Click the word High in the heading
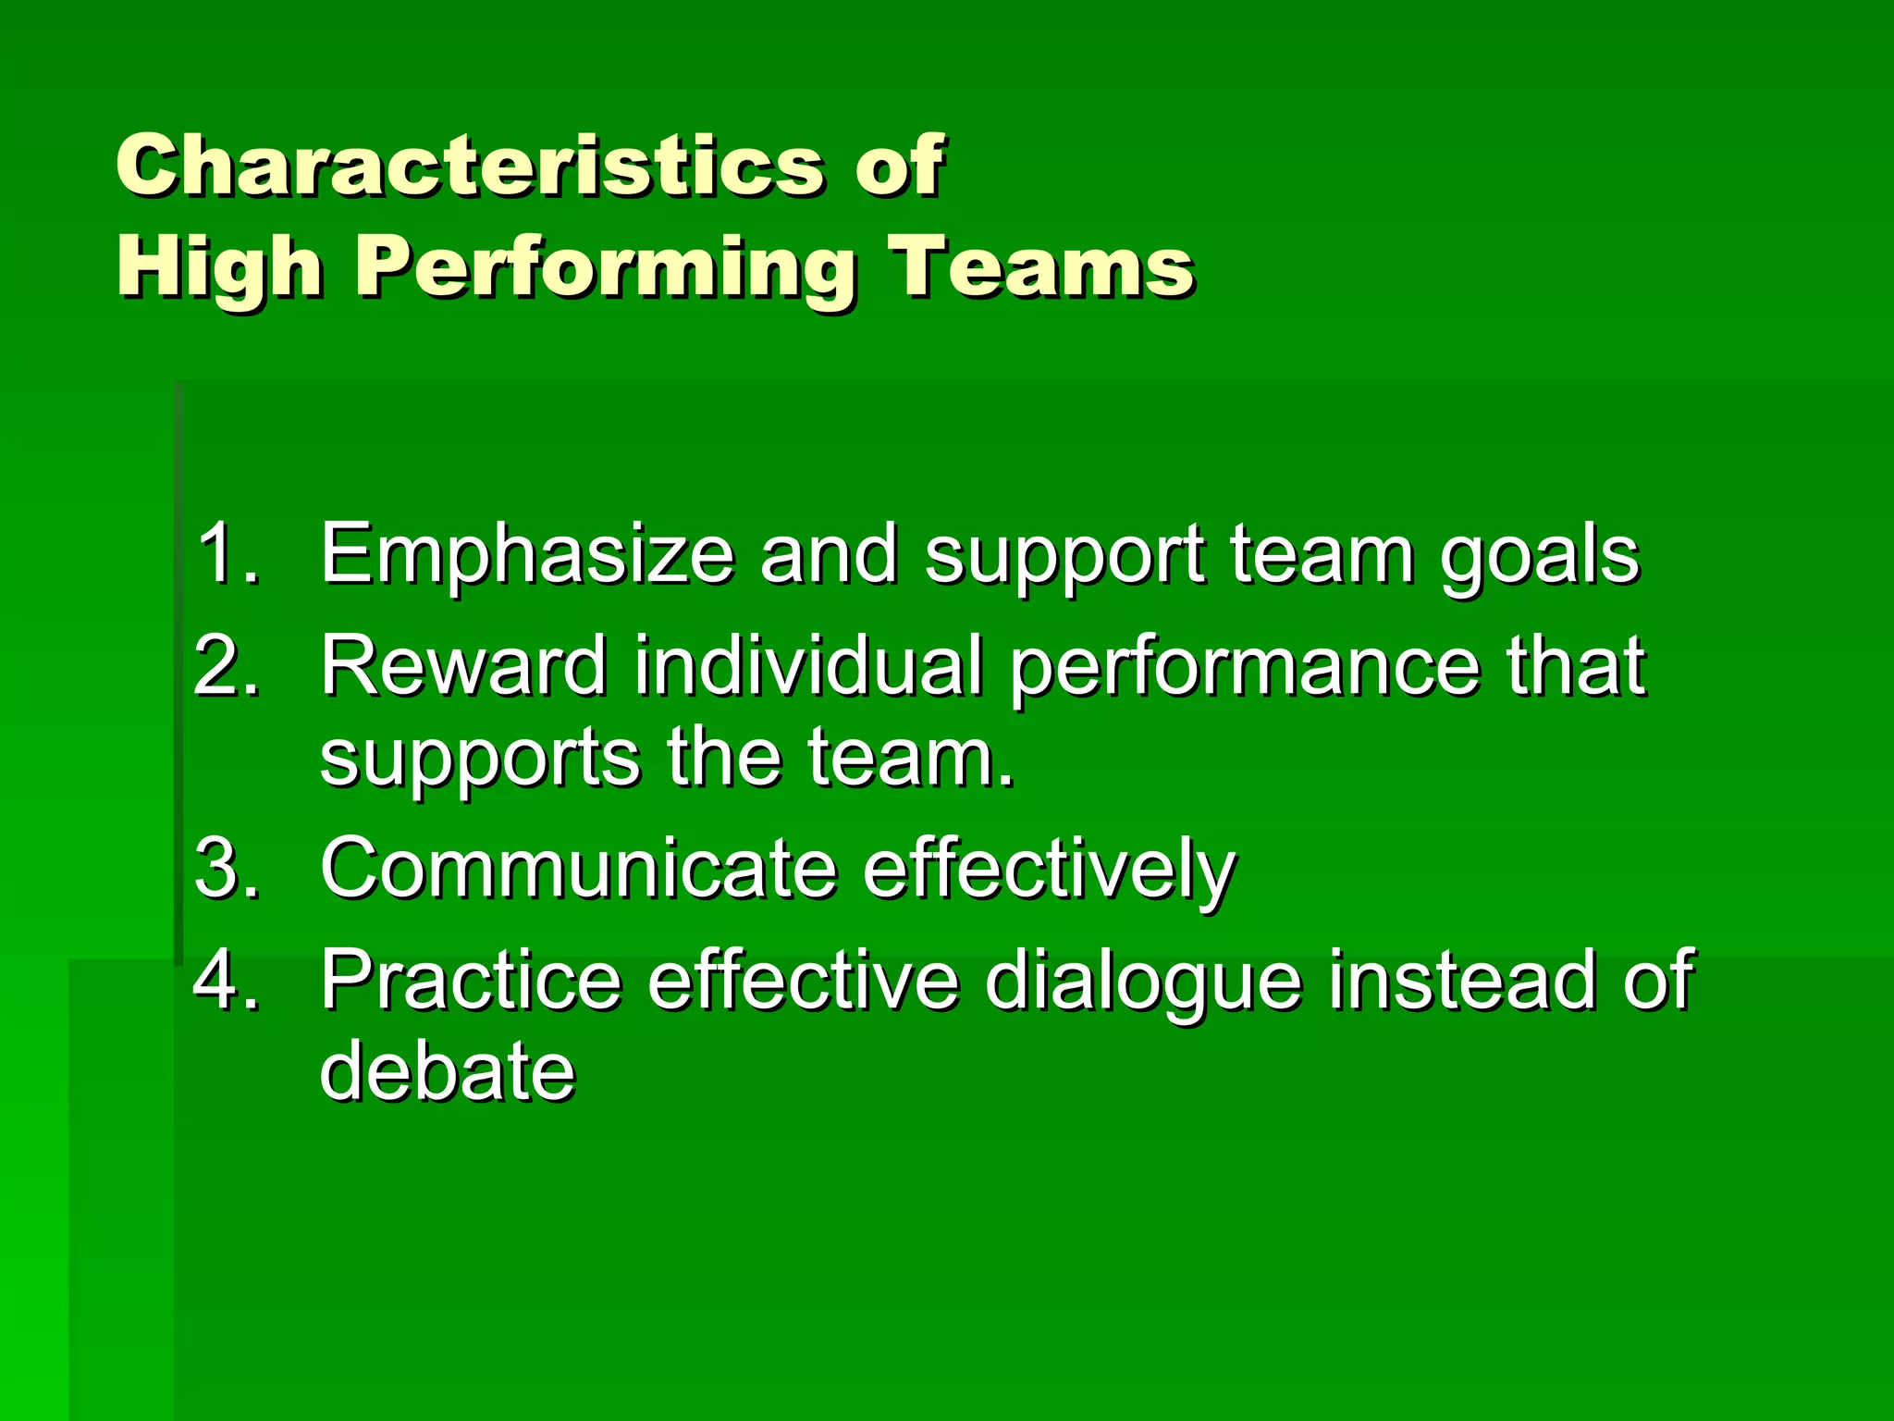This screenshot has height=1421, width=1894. (219, 268)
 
